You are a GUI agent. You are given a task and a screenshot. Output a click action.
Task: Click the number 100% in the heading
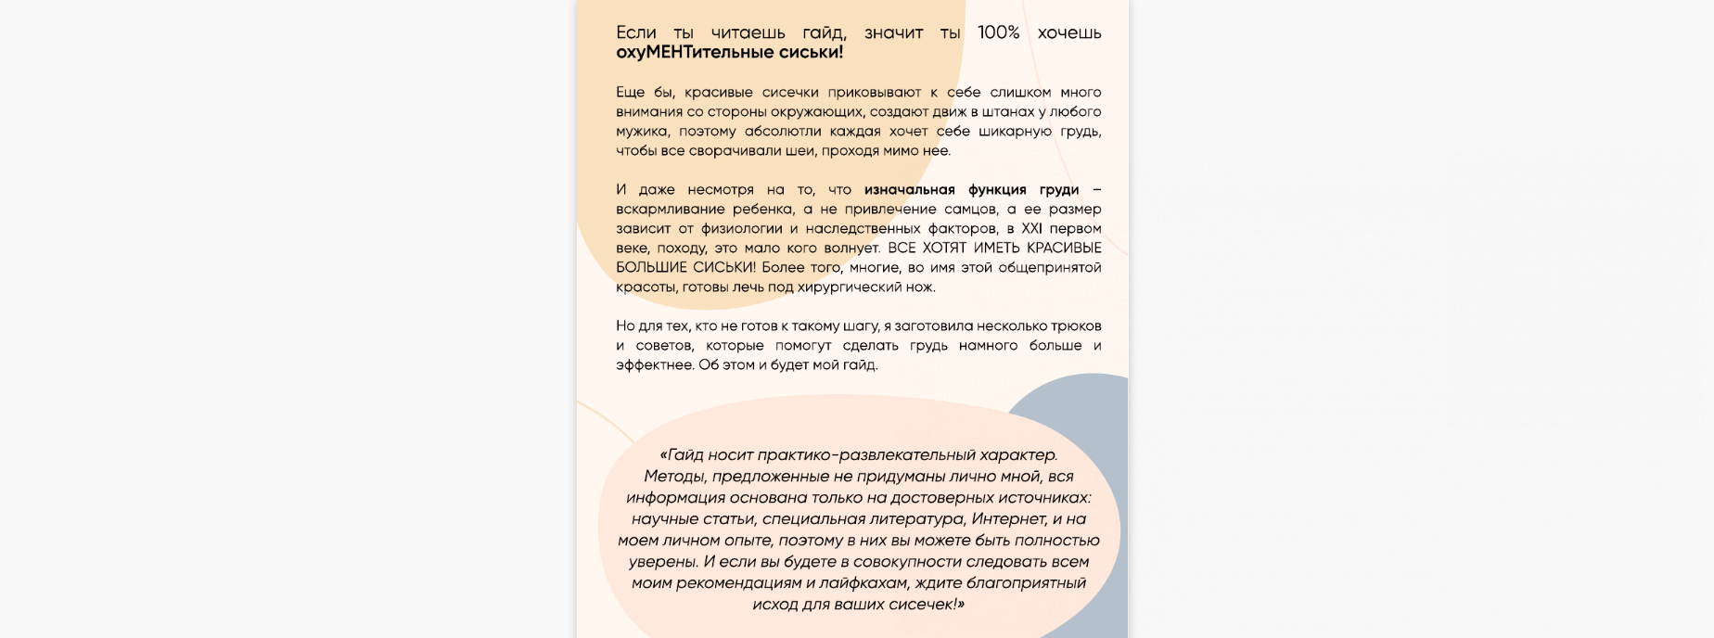point(998,32)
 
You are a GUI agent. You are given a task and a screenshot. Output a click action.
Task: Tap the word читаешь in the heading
point(748,32)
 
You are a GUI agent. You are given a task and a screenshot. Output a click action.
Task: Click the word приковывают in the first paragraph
point(875,92)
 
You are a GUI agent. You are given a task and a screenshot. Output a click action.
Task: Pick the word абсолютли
point(783,131)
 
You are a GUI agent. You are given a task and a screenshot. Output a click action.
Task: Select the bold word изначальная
point(909,189)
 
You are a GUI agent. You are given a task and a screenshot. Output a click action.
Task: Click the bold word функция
point(999,189)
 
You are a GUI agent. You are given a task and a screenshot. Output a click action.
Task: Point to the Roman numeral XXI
point(1031,228)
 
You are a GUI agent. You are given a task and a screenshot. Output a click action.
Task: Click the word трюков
point(1076,325)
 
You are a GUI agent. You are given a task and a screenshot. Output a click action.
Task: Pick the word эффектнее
point(655,364)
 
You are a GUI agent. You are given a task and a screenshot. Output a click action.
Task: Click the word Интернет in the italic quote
point(1008,518)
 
